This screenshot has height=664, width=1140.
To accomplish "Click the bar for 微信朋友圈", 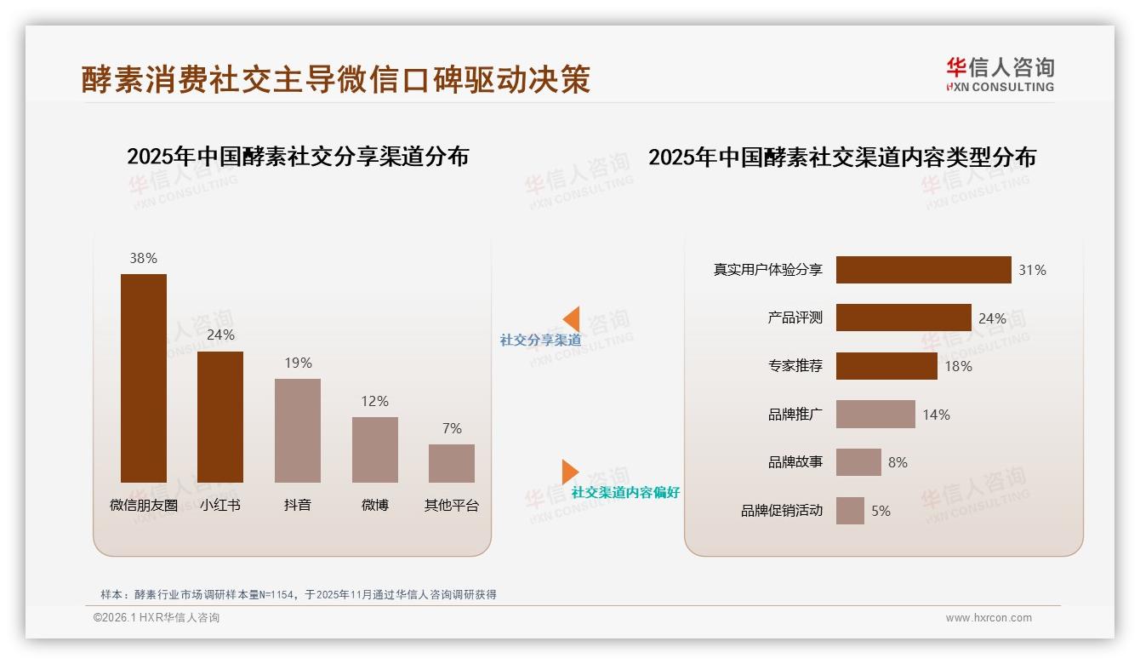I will (x=144, y=378).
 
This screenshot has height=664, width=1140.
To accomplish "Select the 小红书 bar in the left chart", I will (x=220, y=416).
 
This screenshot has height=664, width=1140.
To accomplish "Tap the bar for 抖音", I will (x=298, y=430).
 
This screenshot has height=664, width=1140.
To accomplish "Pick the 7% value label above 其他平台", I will (x=452, y=428).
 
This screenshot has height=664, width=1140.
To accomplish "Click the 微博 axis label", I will (x=374, y=505).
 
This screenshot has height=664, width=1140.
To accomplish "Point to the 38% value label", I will (x=143, y=258).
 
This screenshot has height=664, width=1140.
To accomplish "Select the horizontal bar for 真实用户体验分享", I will (x=923, y=270).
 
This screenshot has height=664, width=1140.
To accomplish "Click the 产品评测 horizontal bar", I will (x=903, y=318).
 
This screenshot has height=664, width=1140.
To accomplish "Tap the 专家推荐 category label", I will (x=795, y=366).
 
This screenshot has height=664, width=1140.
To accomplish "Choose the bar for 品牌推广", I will (x=875, y=415).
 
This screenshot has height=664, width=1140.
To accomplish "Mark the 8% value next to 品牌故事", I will (x=898, y=462).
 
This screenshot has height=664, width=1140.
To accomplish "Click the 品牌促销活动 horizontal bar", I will (x=850, y=511).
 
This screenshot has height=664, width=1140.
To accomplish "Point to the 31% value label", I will (x=1032, y=270).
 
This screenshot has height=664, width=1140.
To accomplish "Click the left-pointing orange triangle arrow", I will (x=572, y=319).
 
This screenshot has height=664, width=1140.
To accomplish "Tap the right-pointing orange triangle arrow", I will (x=569, y=472).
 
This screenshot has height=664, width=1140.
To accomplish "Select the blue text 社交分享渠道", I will (x=540, y=341).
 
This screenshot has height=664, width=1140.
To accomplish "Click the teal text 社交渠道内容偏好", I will (x=625, y=493).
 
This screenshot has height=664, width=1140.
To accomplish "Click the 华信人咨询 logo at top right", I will (x=1000, y=74).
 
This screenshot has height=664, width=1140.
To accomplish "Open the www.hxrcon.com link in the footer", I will (x=988, y=618).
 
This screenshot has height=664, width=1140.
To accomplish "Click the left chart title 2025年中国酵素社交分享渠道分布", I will (x=298, y=157).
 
